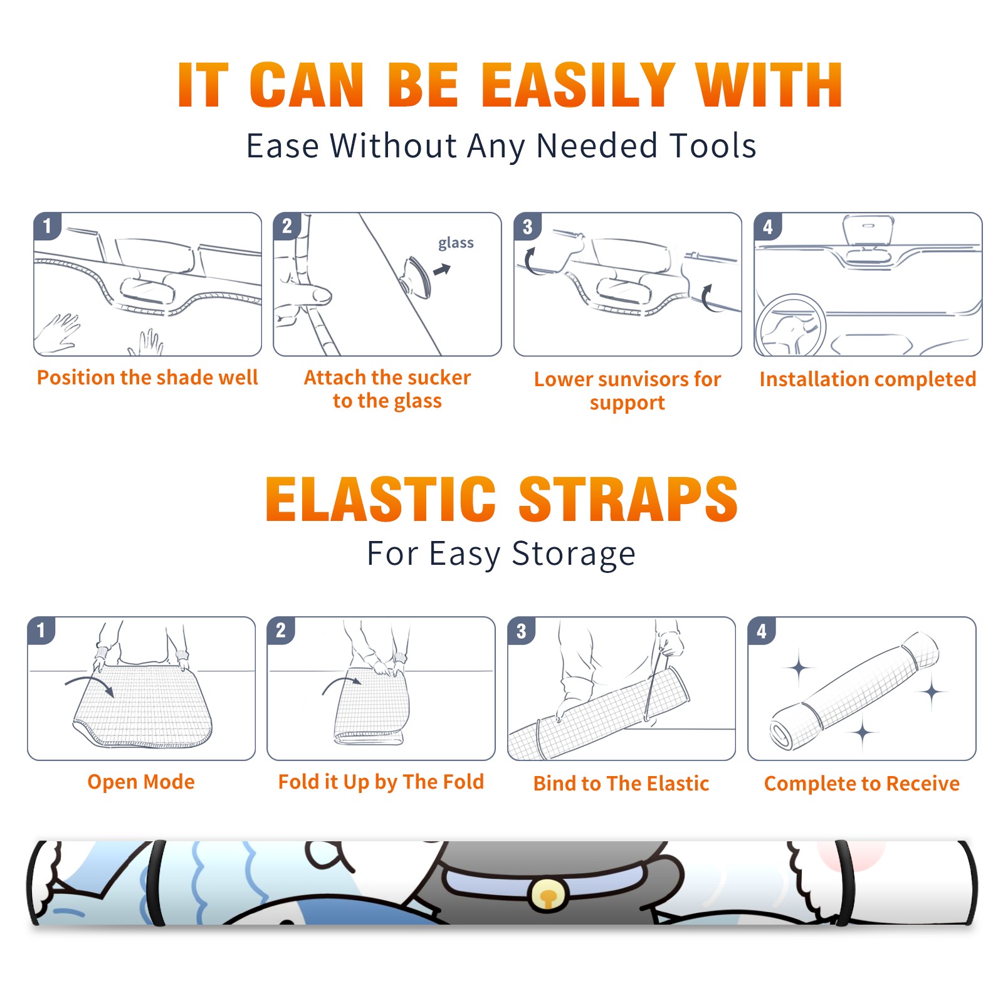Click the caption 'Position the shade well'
click(x=147, y=377)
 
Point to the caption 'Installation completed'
click(x=868, y=379)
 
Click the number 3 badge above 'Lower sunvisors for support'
click(x=527, y=227)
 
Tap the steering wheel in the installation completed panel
click(x=790, y=326)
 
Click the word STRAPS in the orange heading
click(x=628, y=499)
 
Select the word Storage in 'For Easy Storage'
click(x=574, y=554)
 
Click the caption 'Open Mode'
click(x=141, y=782)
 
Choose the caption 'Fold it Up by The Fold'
click(x=381, y=782)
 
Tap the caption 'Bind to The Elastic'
click(x=621, y=784)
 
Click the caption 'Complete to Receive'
click(x=862, y=784)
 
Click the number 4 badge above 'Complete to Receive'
click(x=762, y=631)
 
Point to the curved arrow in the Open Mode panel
click(x=90, y=682)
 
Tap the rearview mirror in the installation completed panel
click(x=868, y=230)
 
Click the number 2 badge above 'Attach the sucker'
click(x=287, y=226)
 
